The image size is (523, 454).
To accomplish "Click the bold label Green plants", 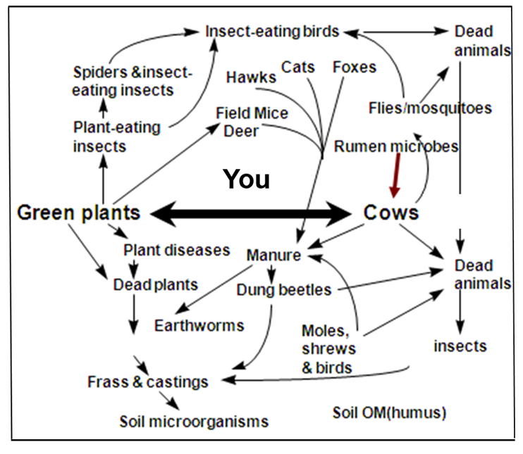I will click(x=78, y=212).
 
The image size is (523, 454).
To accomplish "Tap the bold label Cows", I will click(x=391, y=212).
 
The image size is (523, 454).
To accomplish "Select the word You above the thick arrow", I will click(x=246, y=179).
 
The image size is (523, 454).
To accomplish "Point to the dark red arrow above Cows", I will click(x=395, y=176).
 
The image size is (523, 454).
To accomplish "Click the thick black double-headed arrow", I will click(x=251, y=213).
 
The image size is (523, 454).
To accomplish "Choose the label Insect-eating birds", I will click(x=272, y=31).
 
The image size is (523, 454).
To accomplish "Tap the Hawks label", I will click(x=251, y=77).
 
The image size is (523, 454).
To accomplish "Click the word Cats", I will click(x=299, y=67).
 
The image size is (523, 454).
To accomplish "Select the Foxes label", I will click(x=355, y=68).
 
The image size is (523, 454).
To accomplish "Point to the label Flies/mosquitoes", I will click(x=430, y=108).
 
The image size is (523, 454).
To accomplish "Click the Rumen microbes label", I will click(x=396, y=146).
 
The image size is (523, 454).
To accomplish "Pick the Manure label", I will click(x=273, y=255).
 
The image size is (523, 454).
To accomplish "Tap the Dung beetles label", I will click(x=283, y=289).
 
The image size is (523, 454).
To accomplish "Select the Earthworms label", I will click(x=199, y=325).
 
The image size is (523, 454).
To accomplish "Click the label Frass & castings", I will click(x=147, y=382).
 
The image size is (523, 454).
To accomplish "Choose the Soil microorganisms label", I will click(x=194, y=422).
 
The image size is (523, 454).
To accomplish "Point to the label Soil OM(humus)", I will click(x=389, y=412).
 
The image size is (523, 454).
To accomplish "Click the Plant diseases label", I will click(x=176, y=250).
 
